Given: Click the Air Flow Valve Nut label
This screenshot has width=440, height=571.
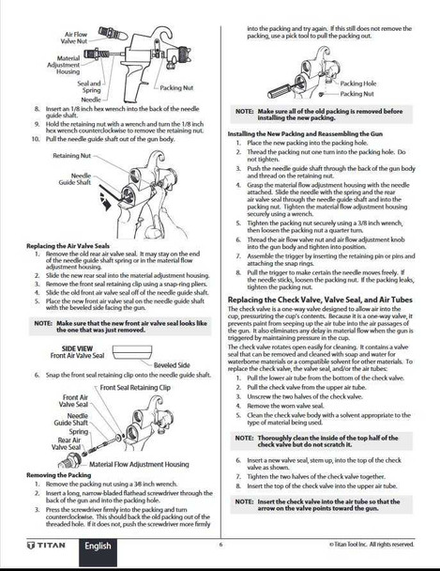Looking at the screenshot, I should click(x=74, y=39).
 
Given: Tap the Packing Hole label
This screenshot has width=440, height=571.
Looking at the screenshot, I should click(x=358, y=84).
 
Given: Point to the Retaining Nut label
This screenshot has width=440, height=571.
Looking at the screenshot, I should click(x=72, y=156).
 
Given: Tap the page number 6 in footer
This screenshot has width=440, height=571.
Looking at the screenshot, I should click(x=220, y=545).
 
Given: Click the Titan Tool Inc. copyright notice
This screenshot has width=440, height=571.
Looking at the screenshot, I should click(x=370, y=545).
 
